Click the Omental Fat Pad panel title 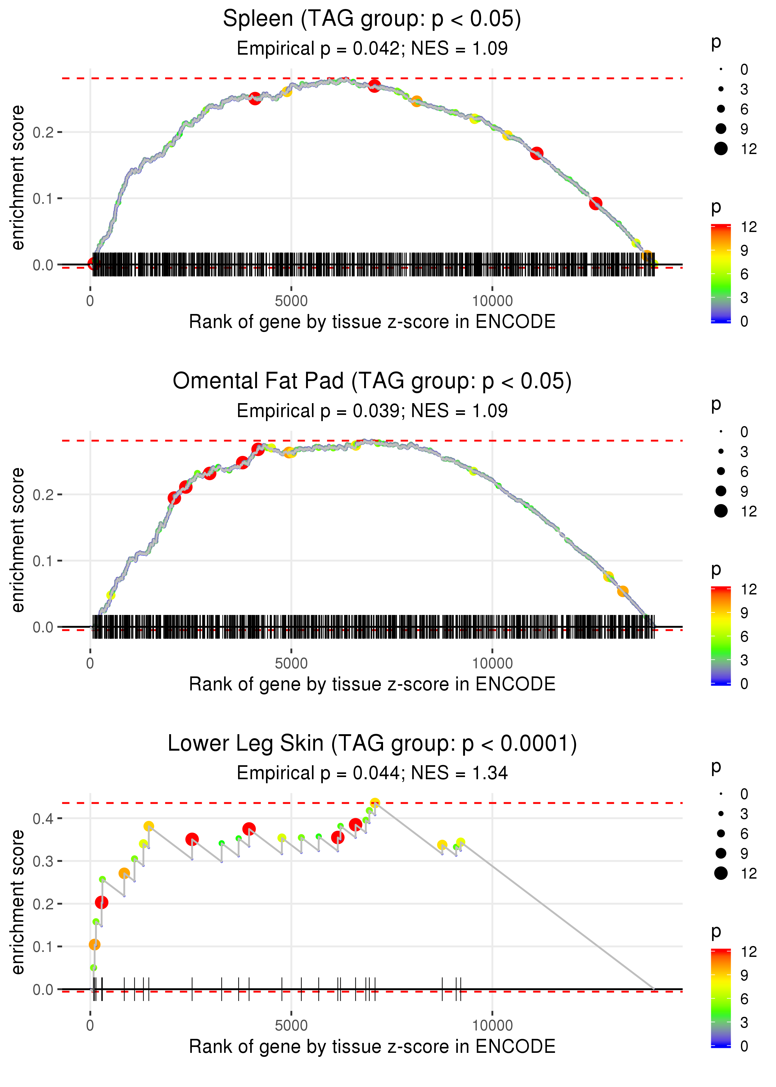tap(372, 381)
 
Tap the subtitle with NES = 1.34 tap(372, 773)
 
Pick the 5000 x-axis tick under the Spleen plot tap(291, 301)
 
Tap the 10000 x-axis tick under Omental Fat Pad tap(492, 663)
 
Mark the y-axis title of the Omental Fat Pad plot tap(18, 540)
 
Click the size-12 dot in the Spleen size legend tap(720, 149)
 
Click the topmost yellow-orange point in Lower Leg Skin tap(375, 803)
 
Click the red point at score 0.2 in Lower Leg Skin tap(101, 903)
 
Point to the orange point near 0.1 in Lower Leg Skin tap(95, 944)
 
